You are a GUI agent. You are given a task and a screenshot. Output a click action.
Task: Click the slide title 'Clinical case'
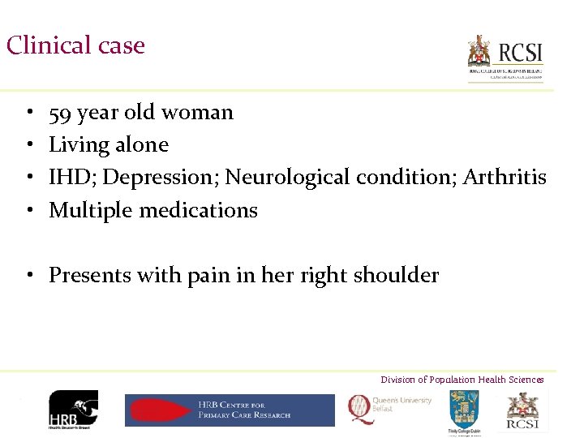tap(75, 45)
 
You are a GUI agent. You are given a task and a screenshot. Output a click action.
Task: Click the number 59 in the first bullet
tap(59, 113)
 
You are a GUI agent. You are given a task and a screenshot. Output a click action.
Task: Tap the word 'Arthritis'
tap(505, 177)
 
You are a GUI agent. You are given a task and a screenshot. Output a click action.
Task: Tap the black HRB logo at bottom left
tap(73, 410)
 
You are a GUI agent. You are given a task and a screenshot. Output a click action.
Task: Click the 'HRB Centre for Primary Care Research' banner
tap(230, 410)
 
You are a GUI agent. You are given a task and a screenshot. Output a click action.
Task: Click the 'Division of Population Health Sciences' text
tap(462, 380)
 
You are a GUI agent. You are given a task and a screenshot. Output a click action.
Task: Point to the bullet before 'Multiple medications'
tap(28, 211)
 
